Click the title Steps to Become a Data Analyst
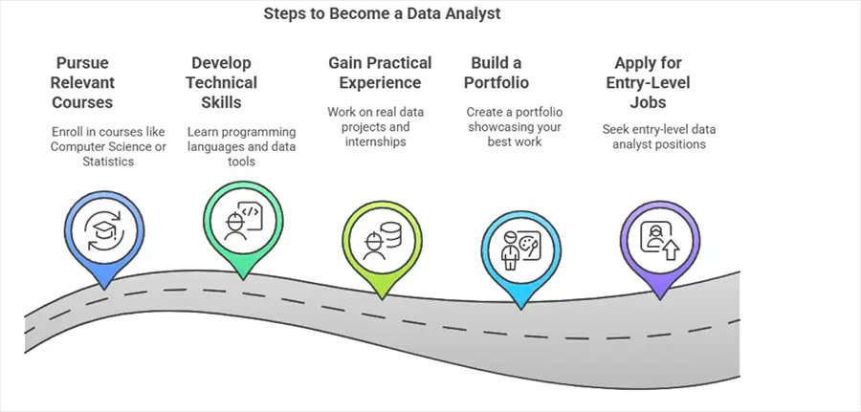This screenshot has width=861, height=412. (382, 14)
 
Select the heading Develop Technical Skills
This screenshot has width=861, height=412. (228, 82)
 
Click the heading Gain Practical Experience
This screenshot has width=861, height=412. (380, 73)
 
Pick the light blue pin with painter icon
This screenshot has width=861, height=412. (519, 249)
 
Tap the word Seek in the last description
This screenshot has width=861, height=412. (618, 129)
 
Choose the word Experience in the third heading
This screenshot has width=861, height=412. (380, 83)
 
